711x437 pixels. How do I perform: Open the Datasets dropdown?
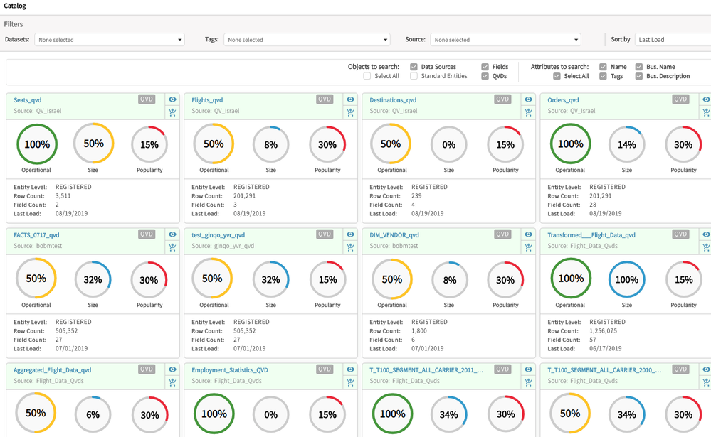coord(110,40)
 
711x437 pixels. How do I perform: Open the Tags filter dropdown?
coord(307,40)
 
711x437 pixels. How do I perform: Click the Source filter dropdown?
coord(505,40)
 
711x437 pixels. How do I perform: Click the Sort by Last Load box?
coord(672,40)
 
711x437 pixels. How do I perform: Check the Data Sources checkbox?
coord(414,67)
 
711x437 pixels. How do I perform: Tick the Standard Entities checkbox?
coord(414,76)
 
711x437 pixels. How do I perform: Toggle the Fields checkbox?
coord(485,67)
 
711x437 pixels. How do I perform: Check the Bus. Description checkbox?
coord(638,76)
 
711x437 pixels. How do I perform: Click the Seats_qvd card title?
coord(28,100)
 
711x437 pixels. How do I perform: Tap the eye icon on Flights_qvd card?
coord(350,99)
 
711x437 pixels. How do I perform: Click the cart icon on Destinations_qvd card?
coord(528,112)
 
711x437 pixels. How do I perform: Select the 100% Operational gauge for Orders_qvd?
coord(570,144)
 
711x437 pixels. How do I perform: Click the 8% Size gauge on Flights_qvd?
coord(270,144)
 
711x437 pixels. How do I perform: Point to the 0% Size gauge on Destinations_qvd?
coord(448,144)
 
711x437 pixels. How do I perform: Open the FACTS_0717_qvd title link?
coord(36,235)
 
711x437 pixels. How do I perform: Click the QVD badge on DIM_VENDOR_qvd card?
coord(502,234)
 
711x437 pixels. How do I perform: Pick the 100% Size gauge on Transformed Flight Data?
coord(626,279)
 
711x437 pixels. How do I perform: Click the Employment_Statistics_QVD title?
coord(230,370)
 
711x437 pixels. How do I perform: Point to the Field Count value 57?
coord(594,340)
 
